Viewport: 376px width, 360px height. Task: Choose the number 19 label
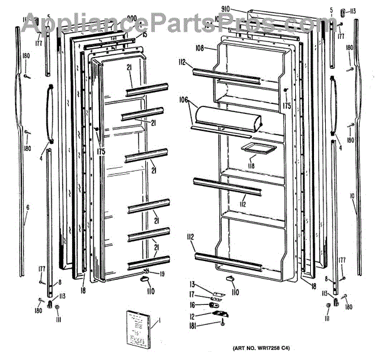pyautogui.click(x=162, y=274)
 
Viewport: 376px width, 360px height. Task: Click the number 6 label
pyautogui.click(x=27, y=207)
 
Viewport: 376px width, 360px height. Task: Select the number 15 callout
pyautogui.click(x=145, y=34)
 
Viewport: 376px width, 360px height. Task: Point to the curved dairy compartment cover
pyautogui.click(x=224, y=119)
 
